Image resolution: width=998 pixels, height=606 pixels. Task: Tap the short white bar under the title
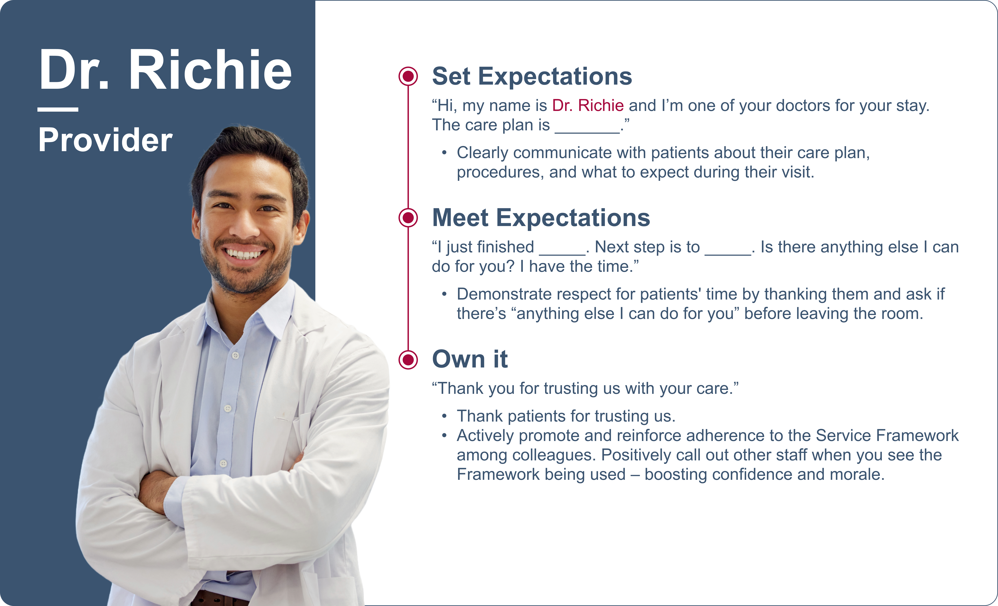(x=58, y=109)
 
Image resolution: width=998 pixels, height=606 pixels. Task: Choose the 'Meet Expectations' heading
(x=541, y=218)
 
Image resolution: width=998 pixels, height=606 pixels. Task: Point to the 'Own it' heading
(x=470, y=359)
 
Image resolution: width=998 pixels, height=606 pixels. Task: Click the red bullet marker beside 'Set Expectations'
(x=408, y=76)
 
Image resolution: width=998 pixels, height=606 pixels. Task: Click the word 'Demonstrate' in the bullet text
(x=499, y=294)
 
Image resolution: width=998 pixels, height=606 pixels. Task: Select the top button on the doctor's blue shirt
(x=236, y=355)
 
